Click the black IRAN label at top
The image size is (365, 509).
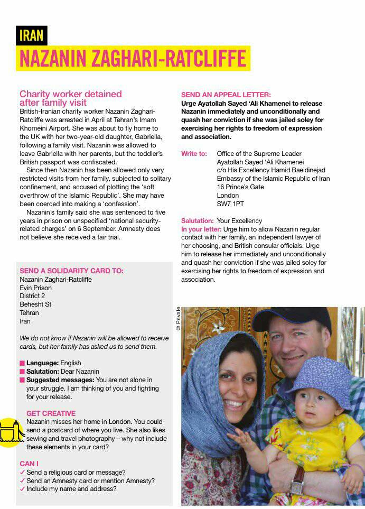pyautogui.click(x=31, y=35)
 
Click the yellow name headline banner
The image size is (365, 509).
pyautogui.click(x=133, y=58)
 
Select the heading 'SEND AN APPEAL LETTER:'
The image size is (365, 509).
pyautogui.click(x=226, y=95)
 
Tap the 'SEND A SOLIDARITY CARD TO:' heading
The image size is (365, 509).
pyautogui.click(x=71, y=271)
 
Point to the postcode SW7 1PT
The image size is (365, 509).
pyautogui.click(x=230, y=203)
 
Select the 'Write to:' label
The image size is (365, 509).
pyautogui.click(x=194, y=153)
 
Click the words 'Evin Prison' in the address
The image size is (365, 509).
pyautogui.click(x=35, y=288)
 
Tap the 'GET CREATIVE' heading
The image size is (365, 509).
pyautogui.click(x=51, y=413)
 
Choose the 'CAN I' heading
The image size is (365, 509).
pyautogui.click(x=29, y=464)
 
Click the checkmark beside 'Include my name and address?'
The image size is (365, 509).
pyautogui.click(x=22, y=489)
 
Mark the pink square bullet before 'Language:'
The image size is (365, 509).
pyautogui.click(x=22, y=363)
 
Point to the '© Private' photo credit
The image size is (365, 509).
pyautogui.click(x=178, y=319)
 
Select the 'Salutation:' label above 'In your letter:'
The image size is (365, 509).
pyautogui.click(x=197, y=220)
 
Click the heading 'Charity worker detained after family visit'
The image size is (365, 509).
pyautogui.click(x=70, y=98)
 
